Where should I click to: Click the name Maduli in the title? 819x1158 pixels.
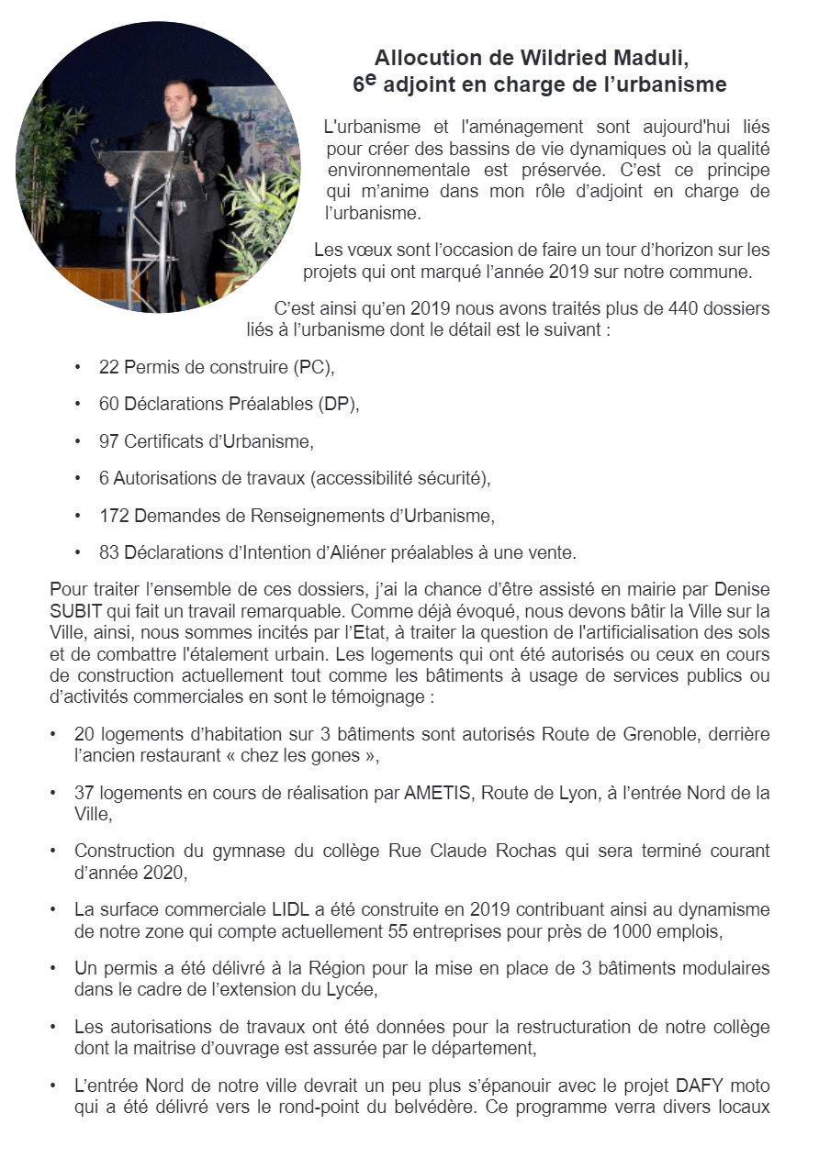[654, 58]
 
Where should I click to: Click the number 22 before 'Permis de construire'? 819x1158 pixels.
[109, 368]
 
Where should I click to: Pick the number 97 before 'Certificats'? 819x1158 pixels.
[109, 441]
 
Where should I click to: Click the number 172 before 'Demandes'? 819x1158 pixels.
[114, 516]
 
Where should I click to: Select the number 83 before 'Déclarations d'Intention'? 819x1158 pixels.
[109, 552]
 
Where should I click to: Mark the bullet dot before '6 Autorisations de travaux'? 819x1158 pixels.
[79, 479]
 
